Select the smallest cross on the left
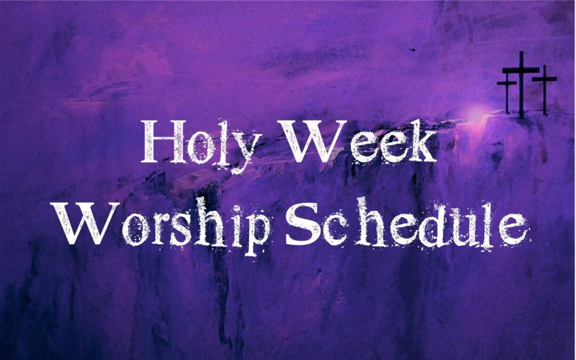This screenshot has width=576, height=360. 507,93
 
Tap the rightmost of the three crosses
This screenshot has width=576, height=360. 544,88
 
